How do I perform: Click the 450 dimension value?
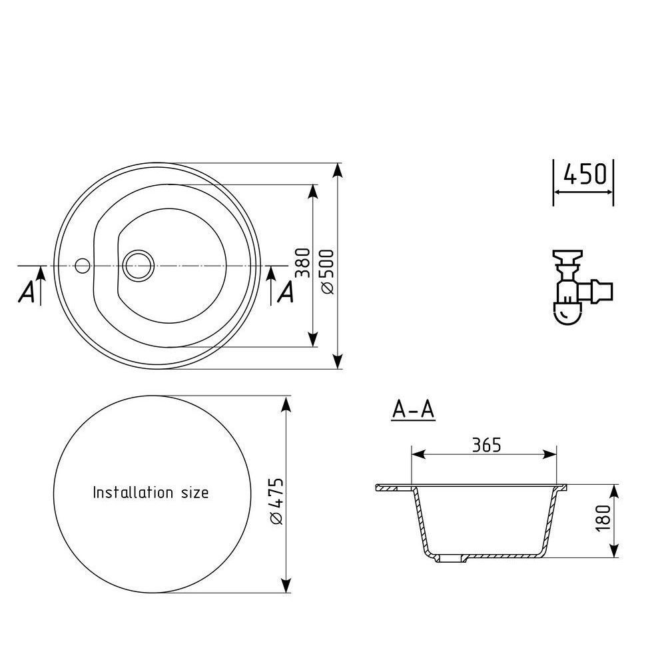(585, 174)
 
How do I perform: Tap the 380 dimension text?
(303, 263)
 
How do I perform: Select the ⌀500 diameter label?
(328, 272)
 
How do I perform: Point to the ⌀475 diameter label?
(276, 501)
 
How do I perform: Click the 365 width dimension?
(487, 445)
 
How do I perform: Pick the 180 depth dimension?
(603, 518)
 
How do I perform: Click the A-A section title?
(414, 410)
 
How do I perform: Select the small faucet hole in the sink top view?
(82, 266)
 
